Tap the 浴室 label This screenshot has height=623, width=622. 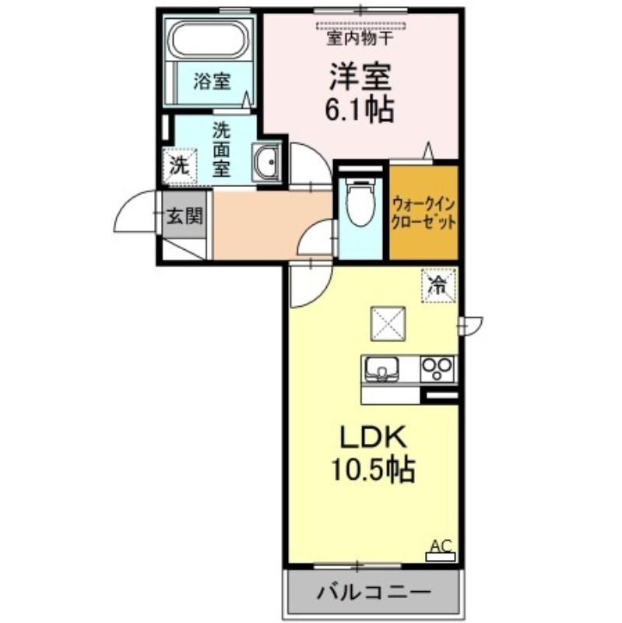click(212, 82)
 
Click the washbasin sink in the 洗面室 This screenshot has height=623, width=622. click(266, 162)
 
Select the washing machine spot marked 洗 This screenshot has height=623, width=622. click(180, 166)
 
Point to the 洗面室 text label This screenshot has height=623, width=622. click(221, 150)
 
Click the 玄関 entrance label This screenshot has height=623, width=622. click(184, 216)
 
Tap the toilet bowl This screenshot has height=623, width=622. click(360, 202)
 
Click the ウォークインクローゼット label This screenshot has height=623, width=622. click(423, 214)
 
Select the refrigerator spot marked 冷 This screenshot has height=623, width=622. click(438, 285)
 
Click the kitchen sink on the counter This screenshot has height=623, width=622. click(381, 369)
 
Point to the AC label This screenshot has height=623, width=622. click(441, 546)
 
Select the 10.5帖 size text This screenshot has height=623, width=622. click(373, 470)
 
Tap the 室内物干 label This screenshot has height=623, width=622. click(360, 38)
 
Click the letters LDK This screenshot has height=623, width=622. click(373, 438)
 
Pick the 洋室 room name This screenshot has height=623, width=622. click(360, 77)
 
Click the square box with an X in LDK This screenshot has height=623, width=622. click(388, 324)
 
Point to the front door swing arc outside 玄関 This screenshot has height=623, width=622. click(126, 202)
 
